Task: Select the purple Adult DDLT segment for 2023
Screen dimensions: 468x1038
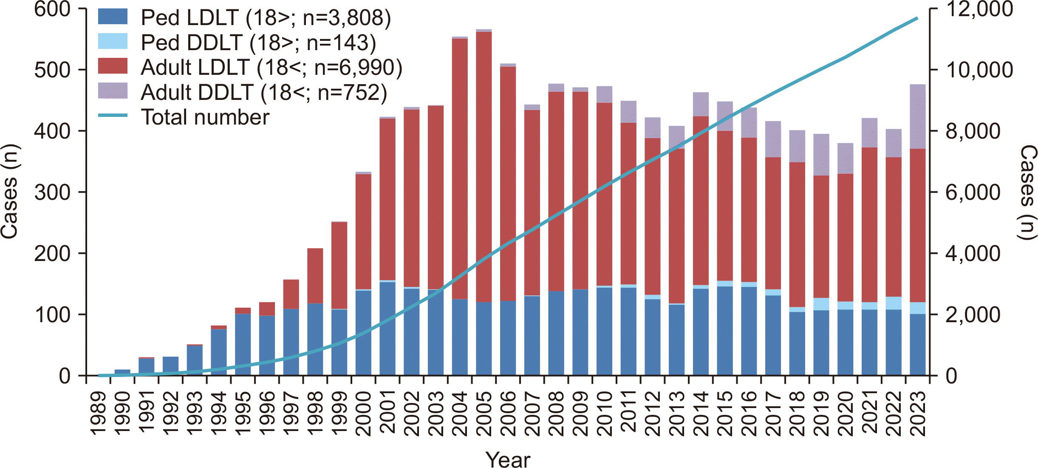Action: [x=917, y=116]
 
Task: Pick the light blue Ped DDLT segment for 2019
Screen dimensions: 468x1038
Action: [x=821, y=304]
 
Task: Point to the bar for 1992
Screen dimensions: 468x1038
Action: [x=170, y=366]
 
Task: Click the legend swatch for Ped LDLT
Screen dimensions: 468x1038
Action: [x=113, y=17]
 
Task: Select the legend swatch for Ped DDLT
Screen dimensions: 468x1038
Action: [x=113, y=42]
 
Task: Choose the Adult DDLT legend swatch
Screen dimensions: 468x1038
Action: [x=113, y=91]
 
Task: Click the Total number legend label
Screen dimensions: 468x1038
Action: [x=205, y=117]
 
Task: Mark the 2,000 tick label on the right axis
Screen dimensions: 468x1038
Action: [x=973, y=315]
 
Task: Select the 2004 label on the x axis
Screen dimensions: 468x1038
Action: [x=460, y=414]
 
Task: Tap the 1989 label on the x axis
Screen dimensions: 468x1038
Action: [x=98, y=414]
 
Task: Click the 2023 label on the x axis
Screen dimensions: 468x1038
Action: [x=918, y=414]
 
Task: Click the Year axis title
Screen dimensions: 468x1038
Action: [x=508, y=459]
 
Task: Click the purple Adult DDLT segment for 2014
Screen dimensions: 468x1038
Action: [x=701, y=104]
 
